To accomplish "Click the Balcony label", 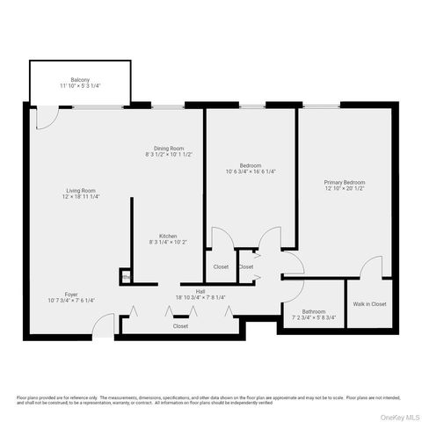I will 81,78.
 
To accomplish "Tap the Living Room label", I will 80,191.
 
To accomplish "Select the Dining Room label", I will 169,148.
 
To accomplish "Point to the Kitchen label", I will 169,236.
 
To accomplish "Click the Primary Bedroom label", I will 345,182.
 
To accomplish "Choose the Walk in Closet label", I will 369,304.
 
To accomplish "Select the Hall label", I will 200,291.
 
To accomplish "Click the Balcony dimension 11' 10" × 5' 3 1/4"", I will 81,85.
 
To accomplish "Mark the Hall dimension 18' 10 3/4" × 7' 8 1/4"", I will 200,298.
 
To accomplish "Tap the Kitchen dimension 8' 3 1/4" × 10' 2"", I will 169,243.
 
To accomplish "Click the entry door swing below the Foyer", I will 105,327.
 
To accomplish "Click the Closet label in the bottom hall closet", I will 180,326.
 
